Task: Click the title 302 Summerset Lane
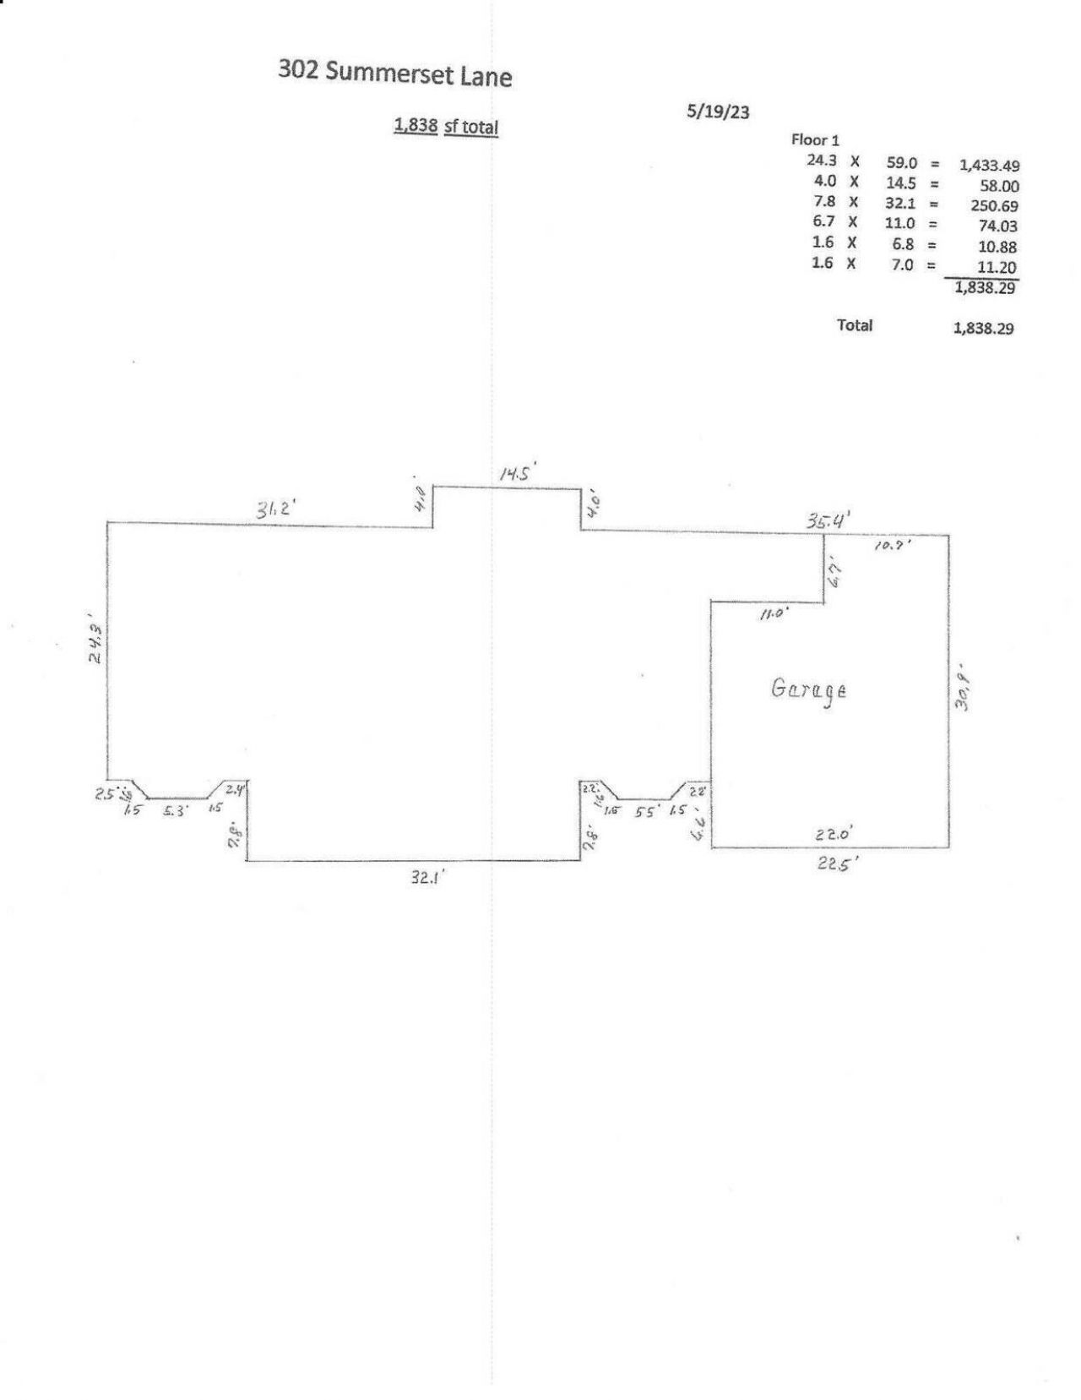pos(394,74)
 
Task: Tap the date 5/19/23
pos(718,112)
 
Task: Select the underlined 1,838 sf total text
pos(446,127)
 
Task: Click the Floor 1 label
pos(815,140)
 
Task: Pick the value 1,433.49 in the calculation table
pos(988,166)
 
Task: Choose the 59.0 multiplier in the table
pos(902,162)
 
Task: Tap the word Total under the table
pos(855,325)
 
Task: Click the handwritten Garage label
pos(808,689)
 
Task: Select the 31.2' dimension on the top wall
pos(274,510)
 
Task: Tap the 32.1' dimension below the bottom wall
pos(427,878)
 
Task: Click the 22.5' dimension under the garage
pos(837,868)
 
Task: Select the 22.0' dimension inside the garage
pos(834,834)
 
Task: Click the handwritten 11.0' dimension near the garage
pos(772,615)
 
